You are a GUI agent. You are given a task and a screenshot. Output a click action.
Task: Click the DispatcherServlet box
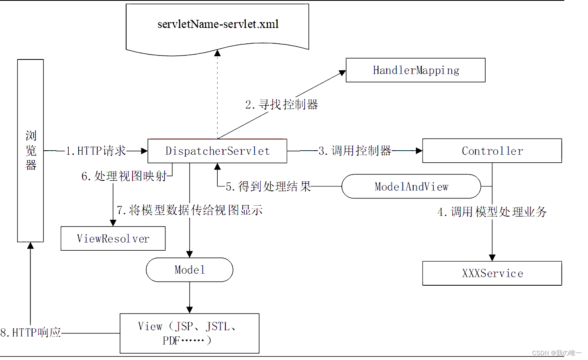217,151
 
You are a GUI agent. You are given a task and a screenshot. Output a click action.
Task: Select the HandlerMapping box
415,70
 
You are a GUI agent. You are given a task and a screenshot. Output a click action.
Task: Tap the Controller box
492,151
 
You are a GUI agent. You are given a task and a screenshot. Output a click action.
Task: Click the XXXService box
492,274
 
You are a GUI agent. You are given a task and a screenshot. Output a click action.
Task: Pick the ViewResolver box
113,239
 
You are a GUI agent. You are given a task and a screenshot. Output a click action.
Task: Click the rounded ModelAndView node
411,186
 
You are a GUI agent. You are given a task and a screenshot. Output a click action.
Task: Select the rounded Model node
190,270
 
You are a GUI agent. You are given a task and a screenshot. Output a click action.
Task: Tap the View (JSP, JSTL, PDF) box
189,333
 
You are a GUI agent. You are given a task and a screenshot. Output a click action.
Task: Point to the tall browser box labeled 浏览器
31,151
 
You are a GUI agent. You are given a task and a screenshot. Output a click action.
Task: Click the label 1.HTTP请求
96,151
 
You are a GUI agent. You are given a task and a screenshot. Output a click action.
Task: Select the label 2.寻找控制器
282,105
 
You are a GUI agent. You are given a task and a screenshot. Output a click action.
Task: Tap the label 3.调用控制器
355,151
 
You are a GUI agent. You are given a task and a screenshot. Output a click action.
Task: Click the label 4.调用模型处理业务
492,212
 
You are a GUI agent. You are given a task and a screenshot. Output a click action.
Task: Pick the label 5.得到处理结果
268,186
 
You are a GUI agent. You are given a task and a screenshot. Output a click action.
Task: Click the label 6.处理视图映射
124,176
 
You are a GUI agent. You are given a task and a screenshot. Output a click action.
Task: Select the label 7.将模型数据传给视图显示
190,210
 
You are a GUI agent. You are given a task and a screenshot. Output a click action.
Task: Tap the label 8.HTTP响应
31,333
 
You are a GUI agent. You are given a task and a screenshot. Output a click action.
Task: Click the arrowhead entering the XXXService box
492,258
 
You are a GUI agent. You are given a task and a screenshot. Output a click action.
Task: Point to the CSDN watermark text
556,353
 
